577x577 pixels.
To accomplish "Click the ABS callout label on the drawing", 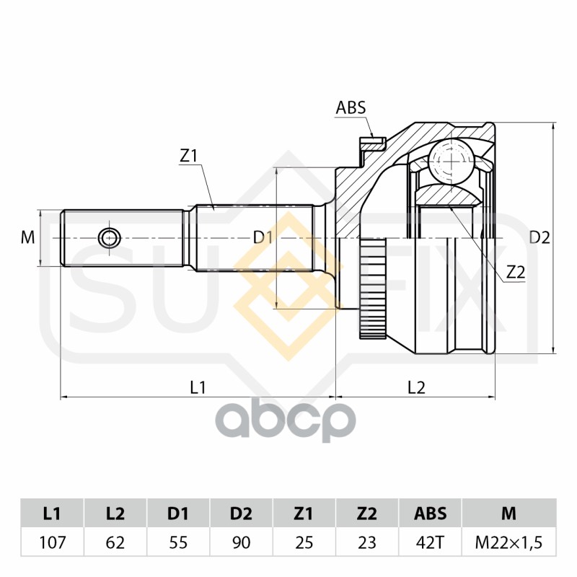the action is [351, 108].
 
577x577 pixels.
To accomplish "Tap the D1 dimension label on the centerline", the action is [263, 237].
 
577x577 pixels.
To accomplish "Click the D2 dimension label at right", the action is [539, 237].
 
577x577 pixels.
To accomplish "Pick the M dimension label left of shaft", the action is [27, 237].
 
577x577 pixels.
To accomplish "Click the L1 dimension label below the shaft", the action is [198, 387].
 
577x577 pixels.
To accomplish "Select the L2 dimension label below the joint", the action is [416, 387].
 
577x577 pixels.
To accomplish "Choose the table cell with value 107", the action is [51, 542].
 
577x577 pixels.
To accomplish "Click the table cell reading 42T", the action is [430, 542].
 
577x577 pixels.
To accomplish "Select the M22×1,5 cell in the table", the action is [508, 542].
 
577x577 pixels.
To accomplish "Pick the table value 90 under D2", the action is [241, 542].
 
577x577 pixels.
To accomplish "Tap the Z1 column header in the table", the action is [304, 514].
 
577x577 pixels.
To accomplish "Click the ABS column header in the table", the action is [430, 514].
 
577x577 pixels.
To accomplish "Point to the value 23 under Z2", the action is [366, 542].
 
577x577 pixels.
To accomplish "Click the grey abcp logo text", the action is [287, 421].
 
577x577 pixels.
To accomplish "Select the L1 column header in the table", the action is [51, 514].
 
